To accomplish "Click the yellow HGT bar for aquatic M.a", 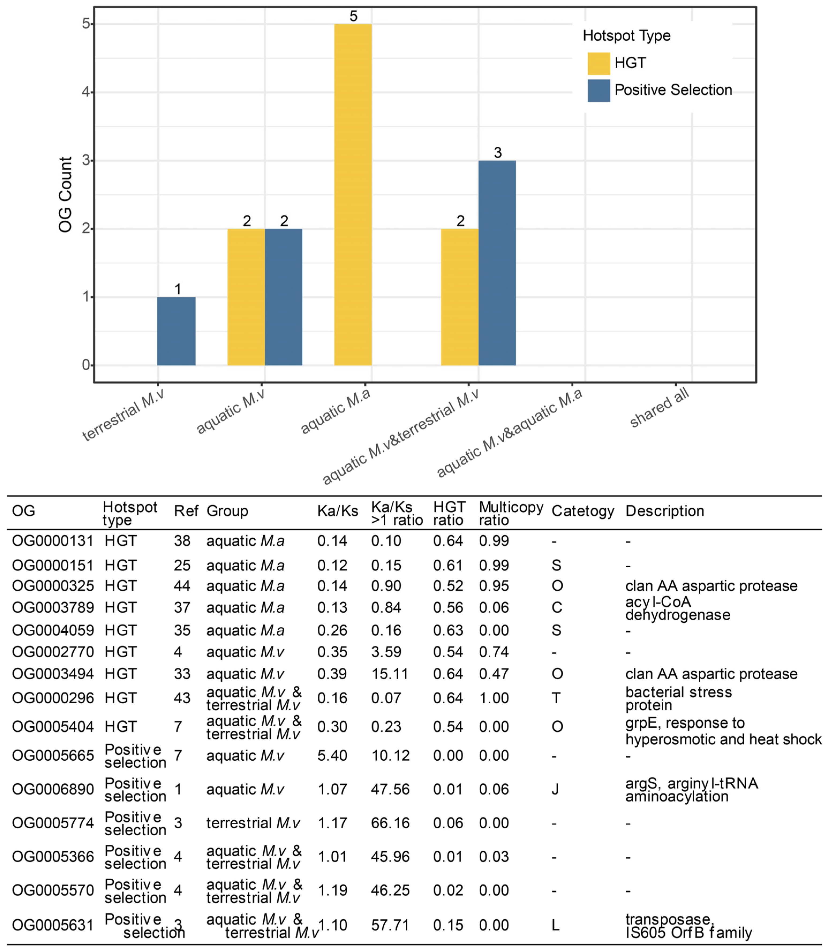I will pos(353,194).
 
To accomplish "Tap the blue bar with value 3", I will pos(497,263).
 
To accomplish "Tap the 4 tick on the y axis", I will pos(85,92).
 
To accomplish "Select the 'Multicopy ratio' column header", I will pos(511,513).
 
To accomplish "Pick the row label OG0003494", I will pos(53,674).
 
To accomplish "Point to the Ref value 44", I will pos(182,586).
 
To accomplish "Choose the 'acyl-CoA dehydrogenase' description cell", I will pos(678,608).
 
